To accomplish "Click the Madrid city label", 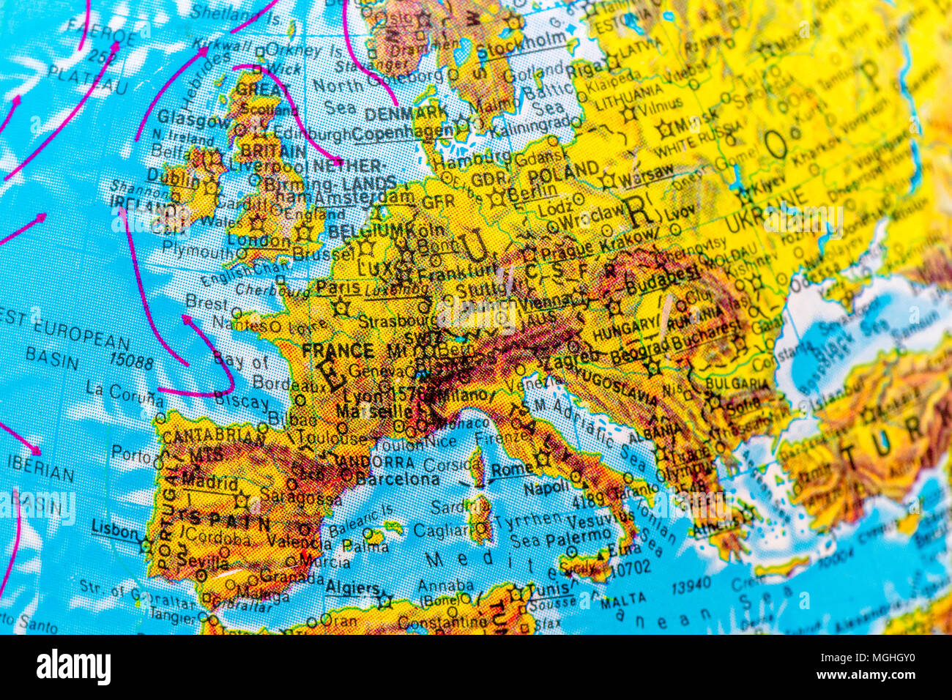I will (210, 483).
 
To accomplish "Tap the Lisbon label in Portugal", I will (114, 529).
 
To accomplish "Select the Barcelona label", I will (398, 480).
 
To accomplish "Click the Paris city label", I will (338, 288).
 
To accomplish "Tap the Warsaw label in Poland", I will (646, 173).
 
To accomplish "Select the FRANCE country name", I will (338, 350).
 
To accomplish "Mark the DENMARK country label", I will (405, 114).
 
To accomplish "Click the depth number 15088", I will (131, 362).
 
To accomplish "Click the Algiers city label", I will (352, 588).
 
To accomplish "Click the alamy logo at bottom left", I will (74, 668).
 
